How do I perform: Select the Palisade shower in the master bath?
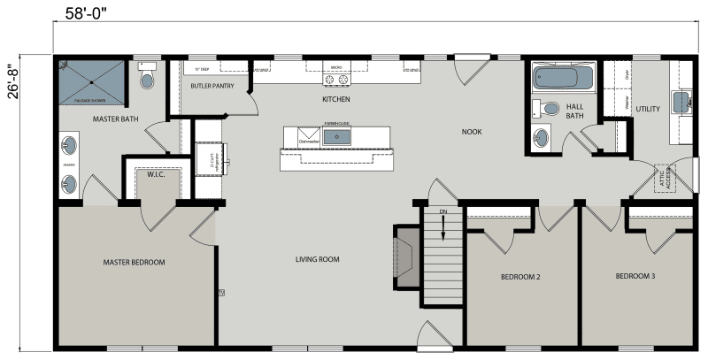(91, 83)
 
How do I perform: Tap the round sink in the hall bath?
(541, 137)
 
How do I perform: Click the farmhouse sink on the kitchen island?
(337, 136)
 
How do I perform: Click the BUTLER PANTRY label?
(212, 86)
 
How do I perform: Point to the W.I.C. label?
(158, 176)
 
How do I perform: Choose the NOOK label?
(472, 132)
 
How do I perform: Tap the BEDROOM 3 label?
(635, 277)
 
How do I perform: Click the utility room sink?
(682, 102)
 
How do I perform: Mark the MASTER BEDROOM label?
(134, 262)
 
